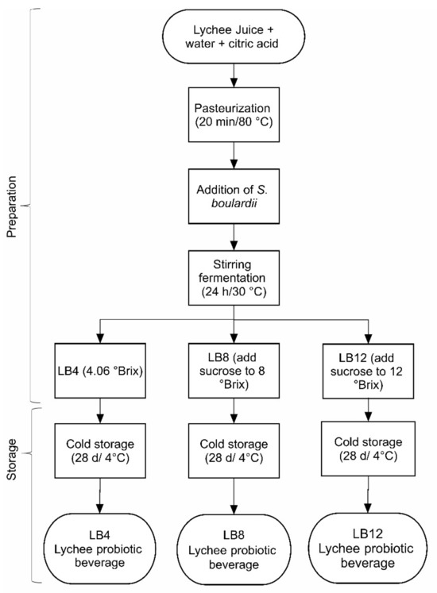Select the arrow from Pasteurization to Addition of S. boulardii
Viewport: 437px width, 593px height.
click(x=232, y=156)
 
